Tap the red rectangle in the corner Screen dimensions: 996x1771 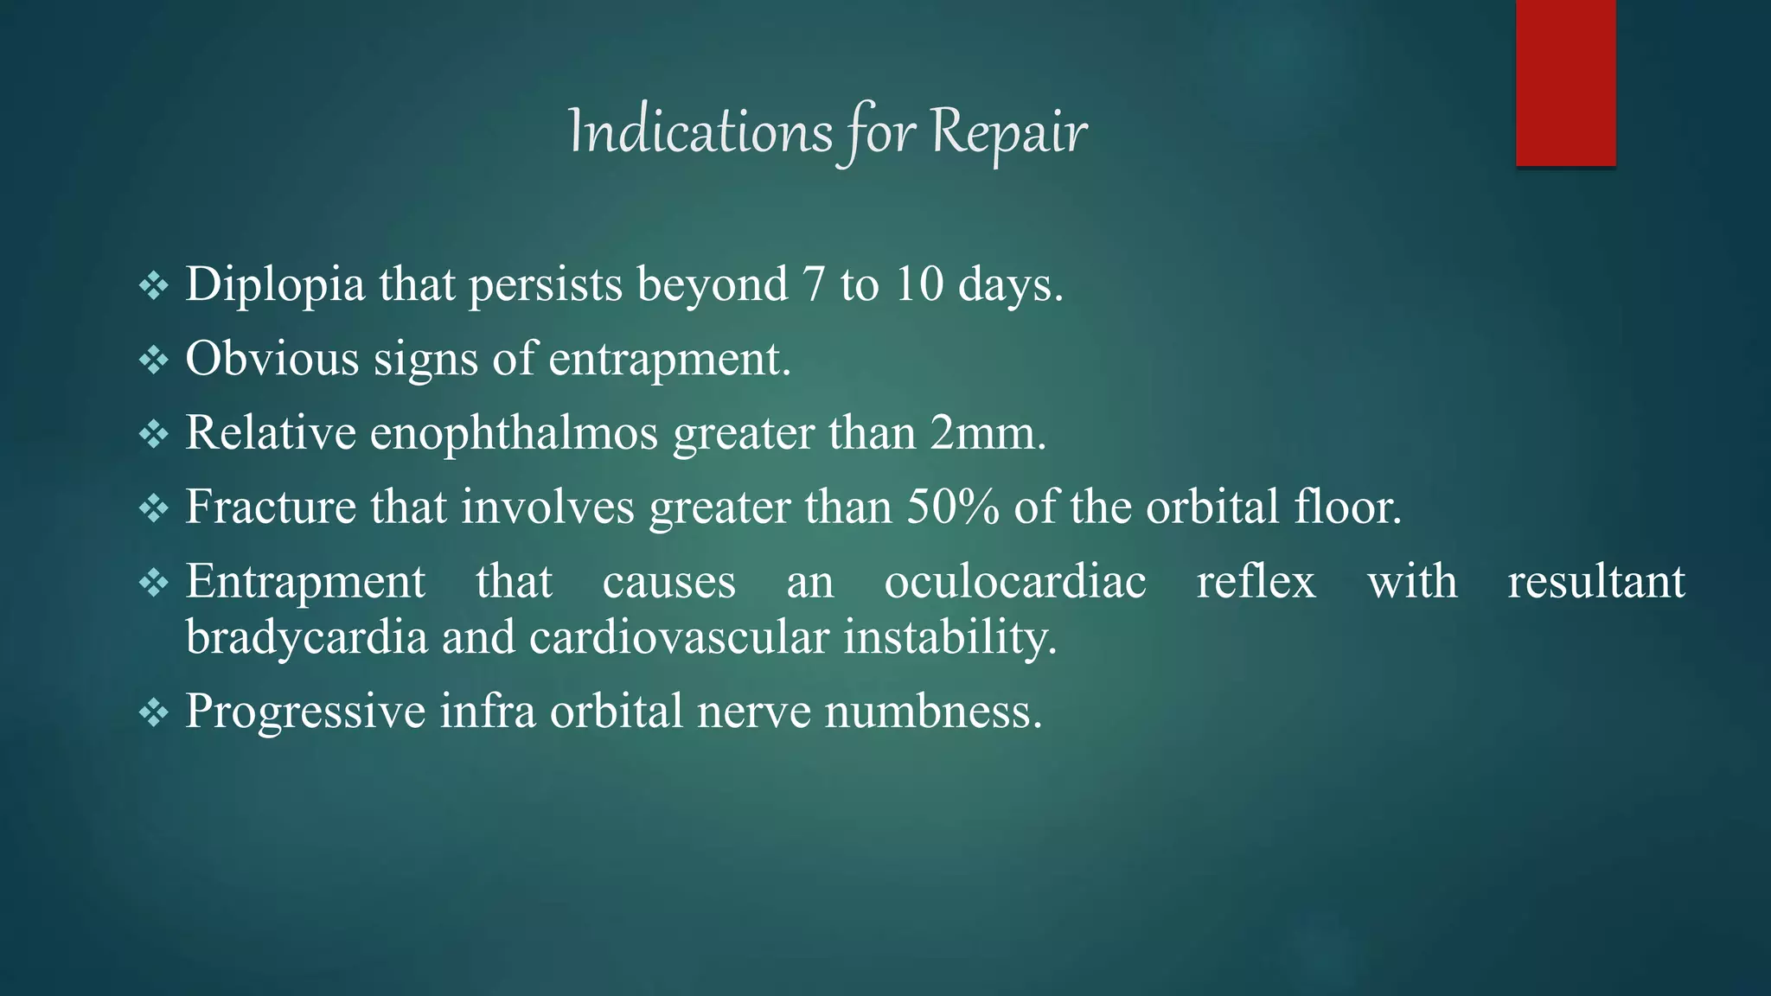[x=1565, y=82]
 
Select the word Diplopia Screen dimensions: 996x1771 [x=275, y=285]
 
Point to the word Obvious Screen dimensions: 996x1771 [x=272, y=358]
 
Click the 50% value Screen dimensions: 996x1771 [x=953, y=507]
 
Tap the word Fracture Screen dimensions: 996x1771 [x=270, y=507]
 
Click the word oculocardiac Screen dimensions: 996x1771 [x=1015, y=581]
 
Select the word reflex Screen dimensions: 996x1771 [x=1256, y=581]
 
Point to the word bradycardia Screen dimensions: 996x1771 [x=307, y=638]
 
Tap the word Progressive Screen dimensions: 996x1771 [x=305, y=712]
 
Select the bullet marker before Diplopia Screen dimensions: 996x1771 [x=154, y=285]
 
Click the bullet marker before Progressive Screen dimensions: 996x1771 [x=154, y=712]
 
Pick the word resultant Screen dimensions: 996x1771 [x=1595, y=581]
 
